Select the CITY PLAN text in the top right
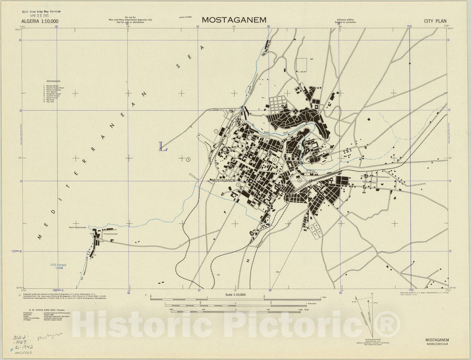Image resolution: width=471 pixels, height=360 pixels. click(x=435, y=21)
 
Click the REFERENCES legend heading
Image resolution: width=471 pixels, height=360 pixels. click(x=55, y=81)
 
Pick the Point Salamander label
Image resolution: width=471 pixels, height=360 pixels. click(x=78, y=228)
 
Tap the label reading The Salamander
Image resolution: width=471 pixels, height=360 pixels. click(x=110, y=234)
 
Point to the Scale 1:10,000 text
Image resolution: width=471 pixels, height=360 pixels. click(x=235, y=295)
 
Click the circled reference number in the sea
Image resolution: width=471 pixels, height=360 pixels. click(x=188, y=159)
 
